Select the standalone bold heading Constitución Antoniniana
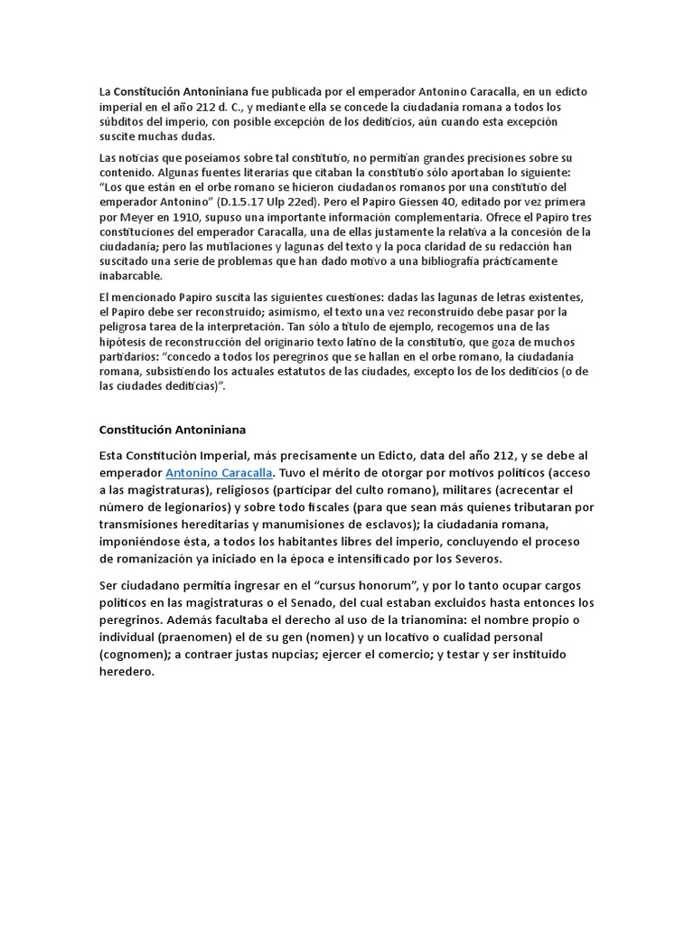(172, 430)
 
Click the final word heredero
(127, 671)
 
